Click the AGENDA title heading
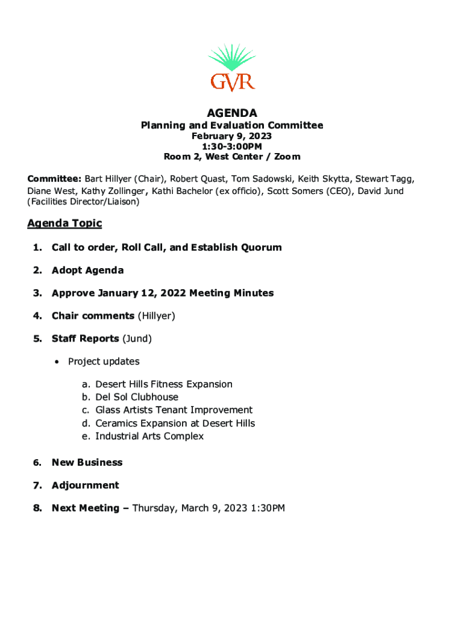point(232,113)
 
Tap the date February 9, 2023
point(232,136)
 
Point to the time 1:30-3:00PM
point(232,146)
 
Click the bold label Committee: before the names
point(54,179)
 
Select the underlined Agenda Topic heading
point(64,224)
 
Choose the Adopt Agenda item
point(87,271)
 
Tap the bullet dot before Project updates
point(56,362)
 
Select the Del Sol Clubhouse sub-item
point(137,397)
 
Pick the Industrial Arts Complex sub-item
point(149,436)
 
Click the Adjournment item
point(85,485)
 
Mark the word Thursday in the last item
point(153,508)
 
